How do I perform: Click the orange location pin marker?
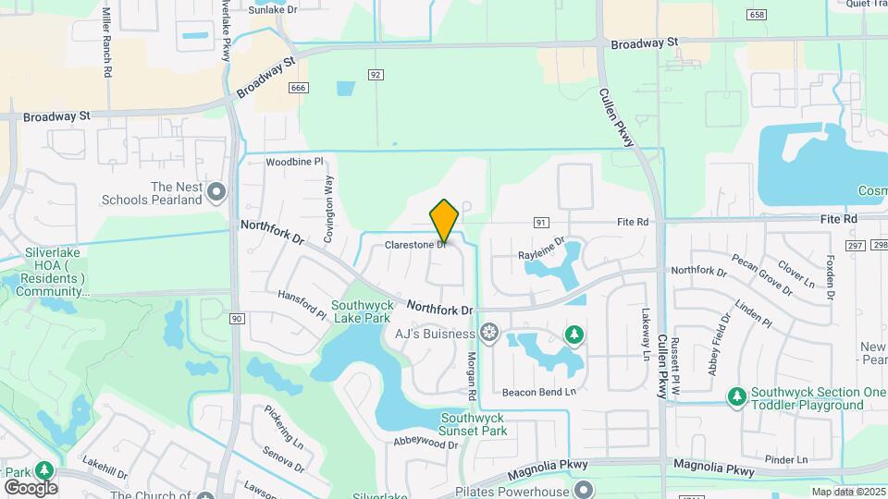tap(445, 220)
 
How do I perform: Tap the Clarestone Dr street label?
tap(416, 245)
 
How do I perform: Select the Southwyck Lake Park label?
tap(364, 312)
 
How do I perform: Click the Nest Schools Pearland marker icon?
tap(217, 192)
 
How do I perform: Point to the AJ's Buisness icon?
tap(488, 334)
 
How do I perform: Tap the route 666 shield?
tap(298, 88)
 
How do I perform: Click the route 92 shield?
tap(376, 74)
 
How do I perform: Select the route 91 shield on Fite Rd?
tap(542, 222)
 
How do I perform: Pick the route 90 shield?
tap(237, 319)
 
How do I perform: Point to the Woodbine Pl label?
tap(294, 161)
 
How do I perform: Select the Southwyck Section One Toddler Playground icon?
tap(736, 396)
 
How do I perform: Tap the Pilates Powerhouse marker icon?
tap(582, 488)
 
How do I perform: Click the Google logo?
tap(31, 487)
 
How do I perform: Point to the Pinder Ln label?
tap(787, 459)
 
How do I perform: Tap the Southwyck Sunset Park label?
tap(473, 423)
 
